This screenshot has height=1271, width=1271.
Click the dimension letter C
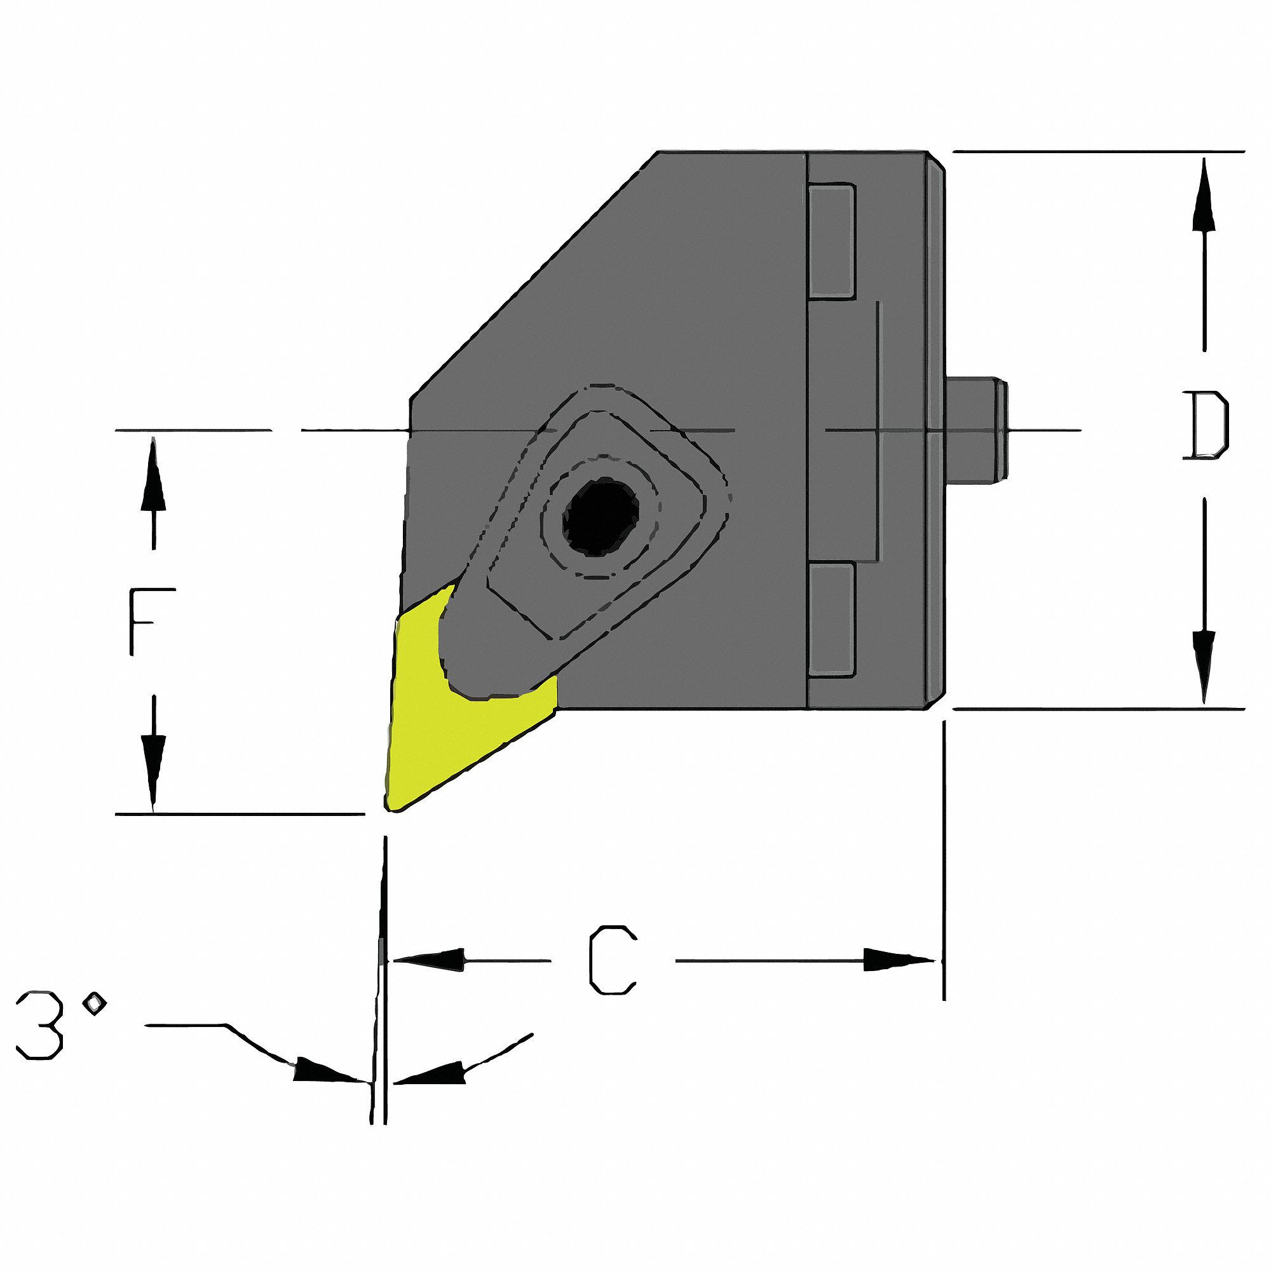613,960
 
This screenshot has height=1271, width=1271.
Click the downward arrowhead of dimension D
1204,665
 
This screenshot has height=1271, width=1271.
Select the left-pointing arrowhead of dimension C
431,960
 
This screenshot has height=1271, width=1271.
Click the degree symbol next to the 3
96,1003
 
